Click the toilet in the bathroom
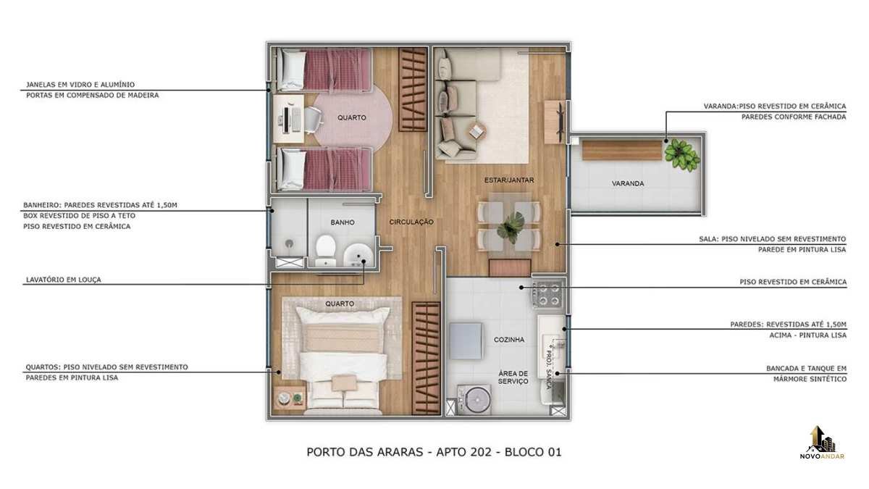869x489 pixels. click(325, 251)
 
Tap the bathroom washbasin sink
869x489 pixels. click(358, 255)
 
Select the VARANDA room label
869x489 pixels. click(628, 183)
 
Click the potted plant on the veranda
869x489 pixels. click(681, 154)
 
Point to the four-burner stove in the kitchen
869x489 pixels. click(547, 294)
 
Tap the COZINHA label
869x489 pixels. click(509, 340)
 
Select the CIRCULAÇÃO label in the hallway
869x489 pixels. click(411, 222)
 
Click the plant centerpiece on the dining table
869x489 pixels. click(511, 227)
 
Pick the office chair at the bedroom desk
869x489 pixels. click(314, 119)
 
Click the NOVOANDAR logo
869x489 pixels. click(822, 443)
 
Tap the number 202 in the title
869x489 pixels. click(480, 452)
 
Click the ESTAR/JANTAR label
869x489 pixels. click(509, 180)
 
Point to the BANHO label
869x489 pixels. click(342, 222)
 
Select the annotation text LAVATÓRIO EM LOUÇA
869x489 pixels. click(63, 280)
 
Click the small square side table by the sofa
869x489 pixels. click(477, 132)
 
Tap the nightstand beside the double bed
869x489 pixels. click(290, 397)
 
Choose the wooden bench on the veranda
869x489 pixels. click(622, 151)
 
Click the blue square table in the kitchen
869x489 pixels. click(466, 341)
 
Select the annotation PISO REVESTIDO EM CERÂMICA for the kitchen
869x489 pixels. click(793, 282)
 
